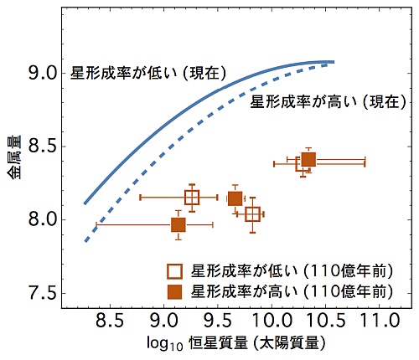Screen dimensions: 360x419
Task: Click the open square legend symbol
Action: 175,271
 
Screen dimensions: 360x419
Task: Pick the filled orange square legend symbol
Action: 175,291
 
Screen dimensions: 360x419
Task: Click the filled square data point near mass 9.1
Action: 178,224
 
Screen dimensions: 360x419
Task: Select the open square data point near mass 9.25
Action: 192,198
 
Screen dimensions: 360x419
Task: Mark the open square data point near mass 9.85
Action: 253,214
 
